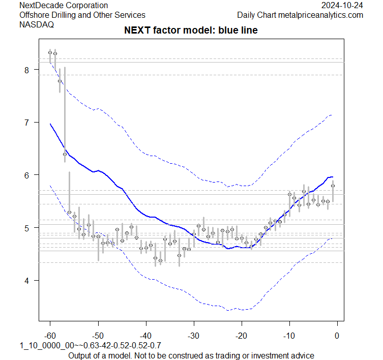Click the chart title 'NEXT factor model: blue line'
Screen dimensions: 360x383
[x=191, y=31]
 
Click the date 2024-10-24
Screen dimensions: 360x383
[x=342, y=6]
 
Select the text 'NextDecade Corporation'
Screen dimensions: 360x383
[x=63, y=6]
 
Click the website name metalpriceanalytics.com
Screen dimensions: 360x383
[x=323, y=15]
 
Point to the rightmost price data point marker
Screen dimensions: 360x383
[x=333, y=186]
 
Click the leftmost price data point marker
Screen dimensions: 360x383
[x=50, y=52]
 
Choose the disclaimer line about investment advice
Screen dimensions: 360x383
[x=191, y=355]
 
